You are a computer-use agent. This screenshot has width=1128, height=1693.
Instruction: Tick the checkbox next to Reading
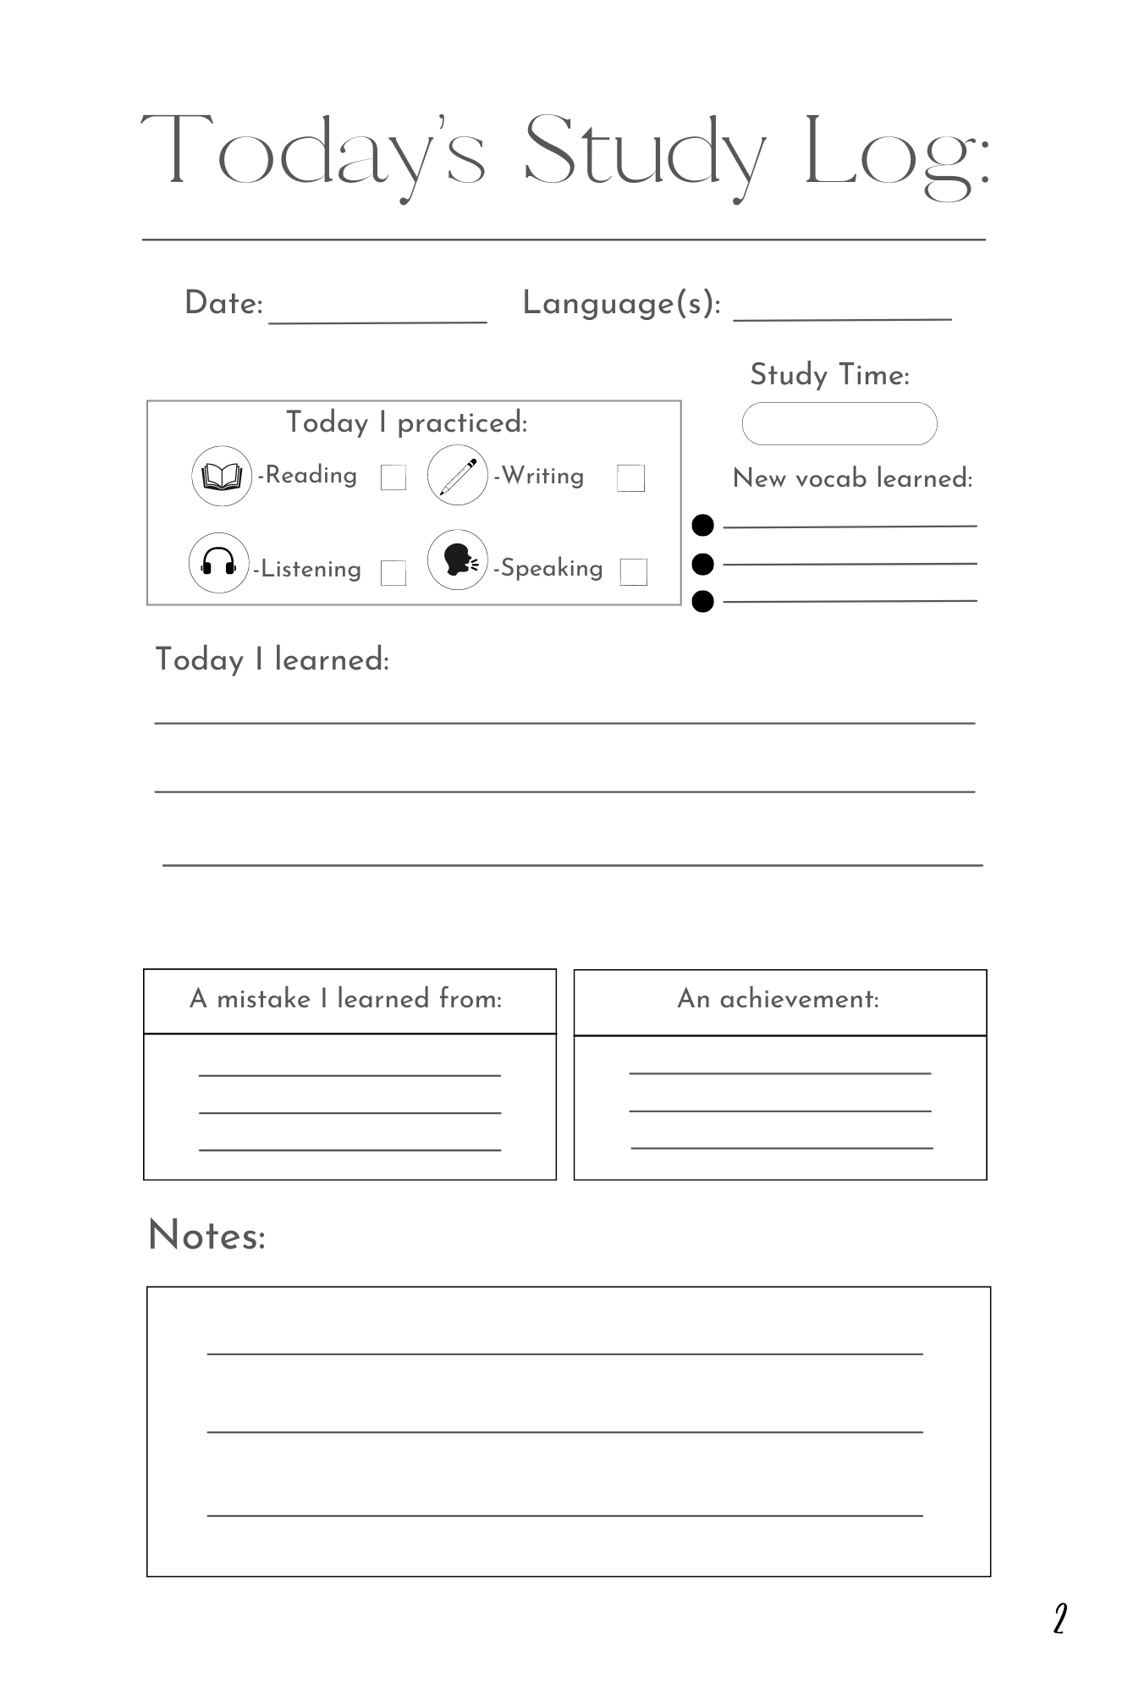tap(393, 477)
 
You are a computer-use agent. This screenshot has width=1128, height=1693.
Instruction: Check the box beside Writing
tap(630, 478)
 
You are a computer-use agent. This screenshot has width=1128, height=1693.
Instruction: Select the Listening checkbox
tap(393, 573)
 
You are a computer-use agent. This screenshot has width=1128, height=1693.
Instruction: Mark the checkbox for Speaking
tap(634, 572)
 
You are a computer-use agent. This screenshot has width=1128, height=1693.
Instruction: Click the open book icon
tap(222, 476)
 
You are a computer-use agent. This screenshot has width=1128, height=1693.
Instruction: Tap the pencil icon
tap(458, 476)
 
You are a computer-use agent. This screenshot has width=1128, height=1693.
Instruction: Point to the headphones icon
tap(218, 563)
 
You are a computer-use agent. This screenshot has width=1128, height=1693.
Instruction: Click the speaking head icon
tap(458, 560)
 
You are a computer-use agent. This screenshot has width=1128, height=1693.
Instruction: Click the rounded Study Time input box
tap(839, 423)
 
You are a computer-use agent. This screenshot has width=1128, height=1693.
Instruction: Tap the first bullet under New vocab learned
tap(703, 526)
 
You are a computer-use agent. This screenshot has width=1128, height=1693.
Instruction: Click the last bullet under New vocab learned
tap(703, 602)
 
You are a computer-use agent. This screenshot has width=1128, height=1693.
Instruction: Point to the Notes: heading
tap(207, 1235)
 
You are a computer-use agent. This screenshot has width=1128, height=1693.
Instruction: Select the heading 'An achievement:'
tap(779, 1000)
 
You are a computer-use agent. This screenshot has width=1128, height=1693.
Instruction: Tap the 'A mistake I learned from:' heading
tap(346, 1000)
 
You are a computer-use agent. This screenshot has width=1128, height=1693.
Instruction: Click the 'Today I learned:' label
tap(272, 659)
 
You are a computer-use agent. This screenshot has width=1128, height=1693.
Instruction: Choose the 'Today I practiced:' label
tap(407, 422)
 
